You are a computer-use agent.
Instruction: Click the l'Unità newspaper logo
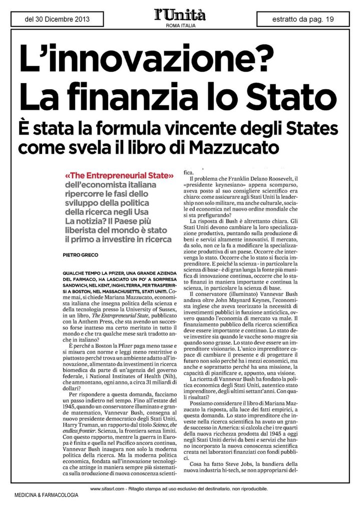[x=180, y=16]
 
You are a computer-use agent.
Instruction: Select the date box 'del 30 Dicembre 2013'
[x=57, y=20]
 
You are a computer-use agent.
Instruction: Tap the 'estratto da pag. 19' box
[x=302, y=20]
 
